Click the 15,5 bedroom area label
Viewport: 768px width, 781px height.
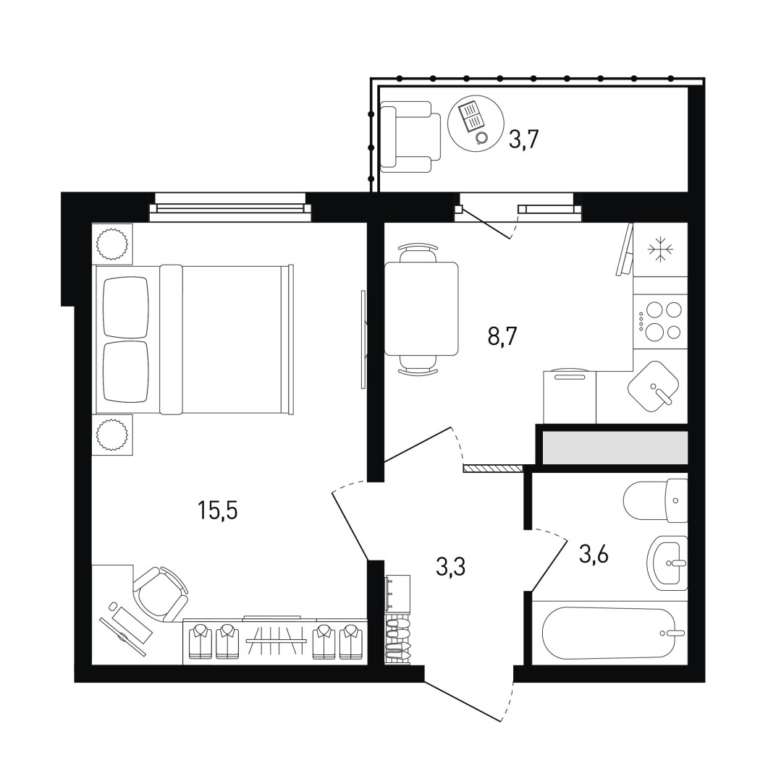point(217,510)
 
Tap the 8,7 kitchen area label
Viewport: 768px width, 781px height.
point(502,337)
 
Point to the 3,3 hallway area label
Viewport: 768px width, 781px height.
point(450,566)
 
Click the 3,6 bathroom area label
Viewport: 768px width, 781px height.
point(594,553)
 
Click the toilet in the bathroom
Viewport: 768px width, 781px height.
point(656,500)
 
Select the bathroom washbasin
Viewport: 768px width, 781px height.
point(668,563)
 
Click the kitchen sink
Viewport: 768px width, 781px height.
point(654,386)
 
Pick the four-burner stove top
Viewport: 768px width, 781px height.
point(660,320)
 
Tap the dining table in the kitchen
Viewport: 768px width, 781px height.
point(421,309)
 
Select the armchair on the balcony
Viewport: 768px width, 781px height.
point(410,137)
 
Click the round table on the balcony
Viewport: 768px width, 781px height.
point(472,121)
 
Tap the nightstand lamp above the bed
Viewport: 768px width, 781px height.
point(112,244)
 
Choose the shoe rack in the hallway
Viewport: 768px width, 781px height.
point(397,641)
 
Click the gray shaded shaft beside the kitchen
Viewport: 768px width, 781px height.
point(615,448)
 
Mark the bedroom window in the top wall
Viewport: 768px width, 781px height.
point(230,205)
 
